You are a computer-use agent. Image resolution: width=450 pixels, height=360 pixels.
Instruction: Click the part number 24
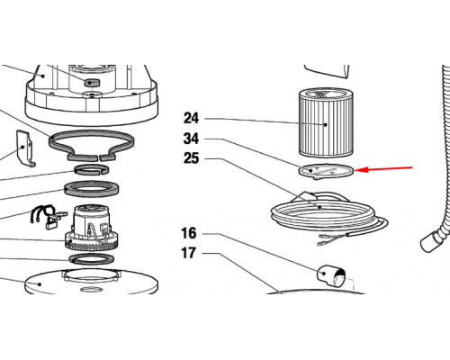(191, 118)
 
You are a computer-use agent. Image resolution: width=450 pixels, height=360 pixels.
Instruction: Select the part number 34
(191, 139)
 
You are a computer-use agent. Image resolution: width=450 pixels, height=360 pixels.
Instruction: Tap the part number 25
(191, 158)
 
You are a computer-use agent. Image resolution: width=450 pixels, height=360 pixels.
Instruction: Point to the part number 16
(189, 233)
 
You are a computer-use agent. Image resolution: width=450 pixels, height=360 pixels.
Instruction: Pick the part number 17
(189, 253)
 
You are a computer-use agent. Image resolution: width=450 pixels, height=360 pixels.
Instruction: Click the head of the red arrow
(355, 170)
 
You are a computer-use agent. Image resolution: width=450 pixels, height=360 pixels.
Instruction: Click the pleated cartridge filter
(326, 122)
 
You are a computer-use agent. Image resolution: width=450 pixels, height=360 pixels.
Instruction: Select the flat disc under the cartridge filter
(326, 172)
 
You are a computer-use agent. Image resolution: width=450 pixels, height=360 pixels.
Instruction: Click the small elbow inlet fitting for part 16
(331, 276)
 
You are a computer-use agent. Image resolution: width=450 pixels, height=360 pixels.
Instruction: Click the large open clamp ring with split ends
(91, 145)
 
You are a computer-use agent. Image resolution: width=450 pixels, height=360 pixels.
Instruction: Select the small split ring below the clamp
(92, 170)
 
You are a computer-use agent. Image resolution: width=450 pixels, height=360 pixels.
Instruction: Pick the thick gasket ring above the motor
(92, 190)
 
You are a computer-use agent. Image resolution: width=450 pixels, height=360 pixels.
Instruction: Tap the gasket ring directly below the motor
(92, 259)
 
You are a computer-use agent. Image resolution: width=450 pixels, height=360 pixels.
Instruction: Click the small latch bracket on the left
(25, 148)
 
